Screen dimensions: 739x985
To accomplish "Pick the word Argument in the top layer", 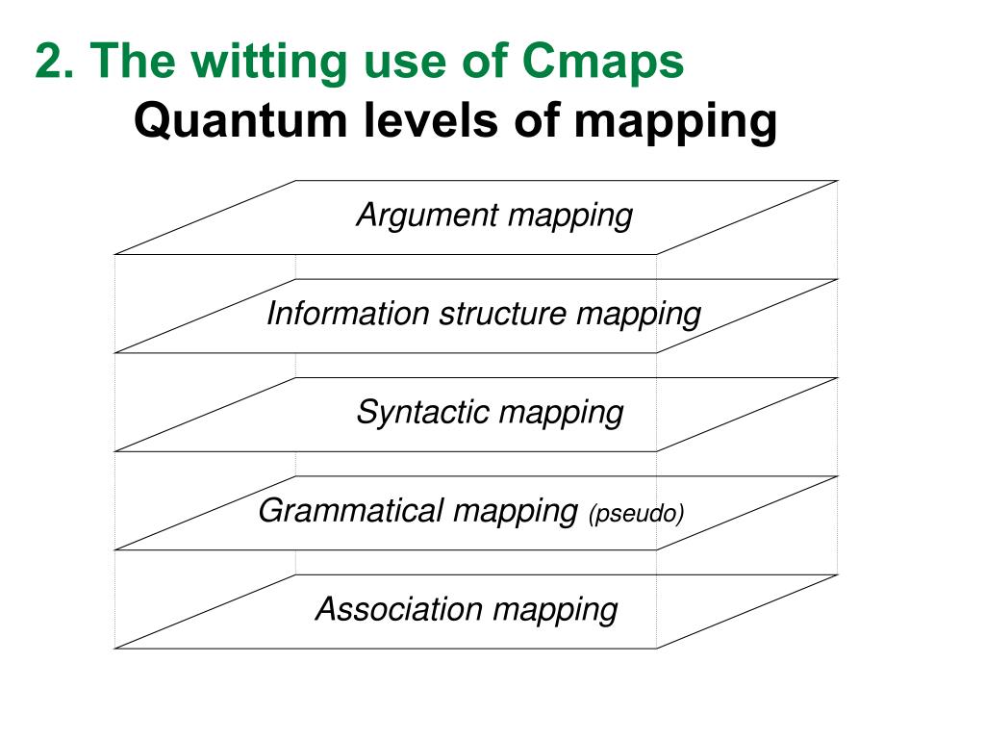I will tap(427, 216).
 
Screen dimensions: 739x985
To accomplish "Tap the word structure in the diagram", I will tap(503, 314).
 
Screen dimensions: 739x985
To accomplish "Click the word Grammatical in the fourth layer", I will tap(351, 511).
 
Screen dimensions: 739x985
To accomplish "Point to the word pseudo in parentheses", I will tap(636, 514).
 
